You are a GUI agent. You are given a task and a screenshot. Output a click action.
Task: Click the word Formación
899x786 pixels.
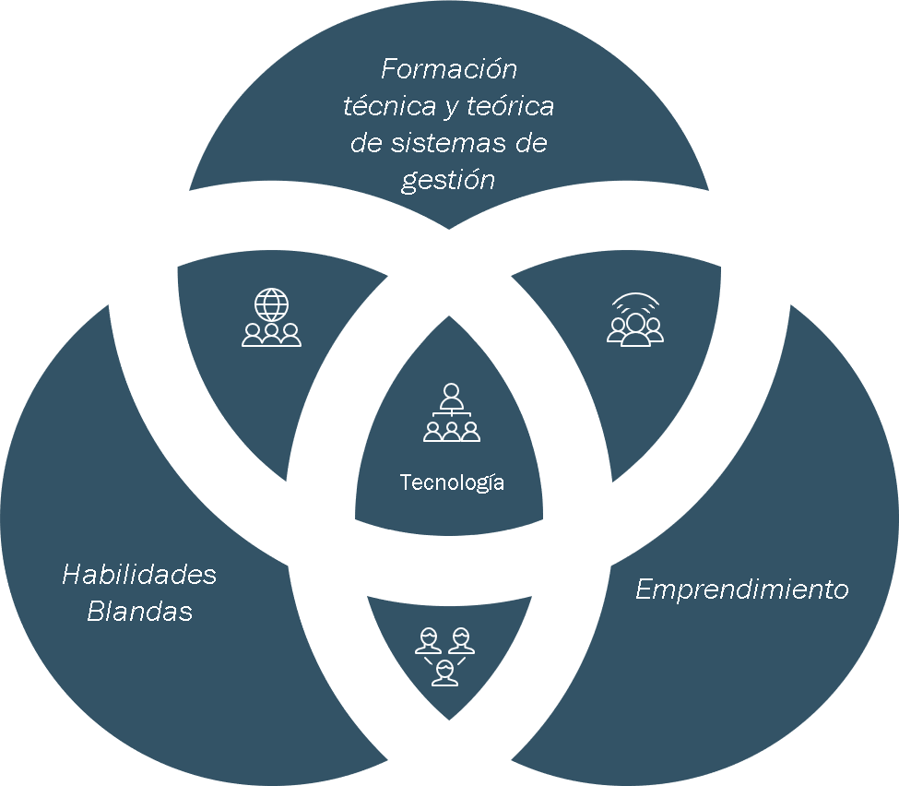pyautogui.click(x=449, y=69)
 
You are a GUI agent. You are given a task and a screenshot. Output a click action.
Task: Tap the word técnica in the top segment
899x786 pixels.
pyautogui.click(x=389, y=106)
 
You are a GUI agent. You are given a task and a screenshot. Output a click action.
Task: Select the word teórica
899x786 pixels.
pyautogui.click(x=510, y=106)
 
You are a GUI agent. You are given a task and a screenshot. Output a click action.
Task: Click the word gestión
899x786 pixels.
pyautogui.click(x=448, y=181)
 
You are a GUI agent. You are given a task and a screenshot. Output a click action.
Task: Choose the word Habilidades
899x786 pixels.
pyautogui.click(x=139, y=575)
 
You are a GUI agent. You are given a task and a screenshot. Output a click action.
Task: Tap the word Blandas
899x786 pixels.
pyautogui.click(x=139, y=611)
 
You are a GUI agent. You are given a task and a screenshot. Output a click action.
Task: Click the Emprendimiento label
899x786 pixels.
pyautogui.click(x=742, y=589)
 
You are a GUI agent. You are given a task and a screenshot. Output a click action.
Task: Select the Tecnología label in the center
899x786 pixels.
pyautogui.click(x=452, y=482)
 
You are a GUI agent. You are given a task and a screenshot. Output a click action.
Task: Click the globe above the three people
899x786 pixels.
pyautogui.click(x=272, y=304)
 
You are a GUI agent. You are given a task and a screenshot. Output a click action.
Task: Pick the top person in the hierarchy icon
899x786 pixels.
pyautogui.click(x=451, y=396)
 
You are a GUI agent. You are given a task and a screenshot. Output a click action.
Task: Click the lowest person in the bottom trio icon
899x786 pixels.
pyautogui.click(x=445, y=673)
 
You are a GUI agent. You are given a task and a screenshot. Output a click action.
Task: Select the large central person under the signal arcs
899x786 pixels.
pyautogui.click(x=635, y=329)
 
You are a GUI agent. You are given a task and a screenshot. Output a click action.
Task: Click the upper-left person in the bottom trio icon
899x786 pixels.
pyautogui.click(x=428, y=641)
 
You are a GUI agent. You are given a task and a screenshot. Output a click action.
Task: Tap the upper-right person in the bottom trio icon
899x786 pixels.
pyautogui.click(x=461, y=641)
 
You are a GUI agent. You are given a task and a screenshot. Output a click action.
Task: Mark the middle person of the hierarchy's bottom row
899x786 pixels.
pyautogui.click(x=452, y=432)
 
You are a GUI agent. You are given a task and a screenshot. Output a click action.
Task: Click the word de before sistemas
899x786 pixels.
pyautogui.click(x=366, y=143)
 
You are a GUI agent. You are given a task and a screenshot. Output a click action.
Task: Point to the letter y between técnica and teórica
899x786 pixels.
pyautogui.click(x=451, y=109)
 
